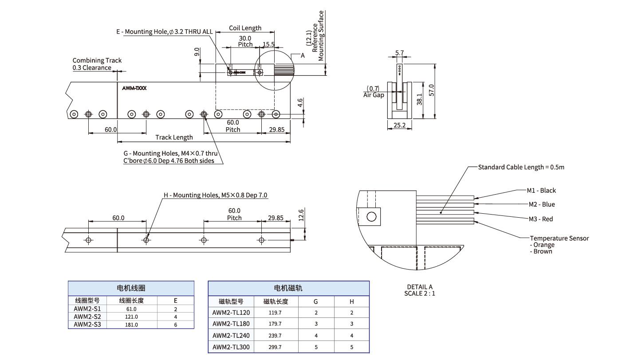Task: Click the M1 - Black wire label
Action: [x=541, y=191]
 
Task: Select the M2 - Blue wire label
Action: [x=541, y=204]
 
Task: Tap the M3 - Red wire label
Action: [x=540, y=219]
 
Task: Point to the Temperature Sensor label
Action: [x=559, y=239]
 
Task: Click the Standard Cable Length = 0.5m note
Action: [x=521, y=167]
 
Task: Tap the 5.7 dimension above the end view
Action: [x=399, y=53]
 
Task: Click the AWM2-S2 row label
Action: [x=87, y=317]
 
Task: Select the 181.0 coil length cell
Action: [x=132, y=325]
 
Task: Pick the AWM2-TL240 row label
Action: [x=231, y=336]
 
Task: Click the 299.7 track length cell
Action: [x=275, y=347]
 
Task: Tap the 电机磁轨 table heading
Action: [x=288, y=288]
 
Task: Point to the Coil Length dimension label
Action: [x=245, y=28]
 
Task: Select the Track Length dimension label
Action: [x=174, y=137]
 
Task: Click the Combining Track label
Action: [x=97, y=60]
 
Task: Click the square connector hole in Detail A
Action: [x=371, y=217]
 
